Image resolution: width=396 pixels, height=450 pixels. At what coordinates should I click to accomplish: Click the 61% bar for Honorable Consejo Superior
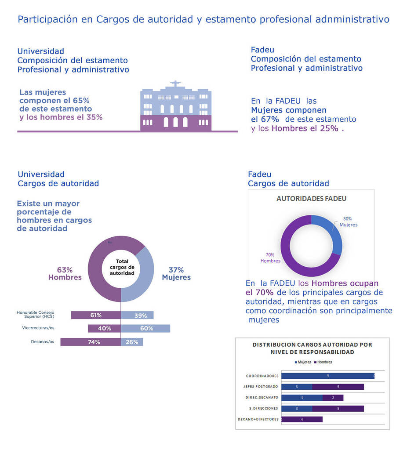[95, 315]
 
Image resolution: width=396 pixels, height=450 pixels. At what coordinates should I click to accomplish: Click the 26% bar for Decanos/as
[132, 342]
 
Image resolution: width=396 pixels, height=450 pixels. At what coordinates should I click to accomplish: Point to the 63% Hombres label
[65, 273]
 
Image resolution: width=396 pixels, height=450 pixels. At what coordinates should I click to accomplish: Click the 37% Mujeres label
[176, 273]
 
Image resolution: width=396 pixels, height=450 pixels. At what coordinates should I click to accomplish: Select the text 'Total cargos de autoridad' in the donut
[122, 267]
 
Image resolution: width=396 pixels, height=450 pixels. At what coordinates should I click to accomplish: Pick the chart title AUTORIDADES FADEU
[311, 199]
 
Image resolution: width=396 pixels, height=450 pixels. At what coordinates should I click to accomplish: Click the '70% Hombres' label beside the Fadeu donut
[270, 258]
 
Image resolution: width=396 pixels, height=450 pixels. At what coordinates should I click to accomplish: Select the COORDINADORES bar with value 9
[327, 376]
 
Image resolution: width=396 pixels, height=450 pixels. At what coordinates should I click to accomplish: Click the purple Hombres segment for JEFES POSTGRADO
[338, 387]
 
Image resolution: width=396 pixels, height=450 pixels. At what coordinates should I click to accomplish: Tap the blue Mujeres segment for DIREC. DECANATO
[302, 398]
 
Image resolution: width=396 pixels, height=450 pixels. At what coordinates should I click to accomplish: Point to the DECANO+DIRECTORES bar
[302, 419]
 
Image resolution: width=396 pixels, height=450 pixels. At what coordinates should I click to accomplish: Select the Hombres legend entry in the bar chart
[323, 362]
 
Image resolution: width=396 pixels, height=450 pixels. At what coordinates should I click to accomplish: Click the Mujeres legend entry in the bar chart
[303, 362]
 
